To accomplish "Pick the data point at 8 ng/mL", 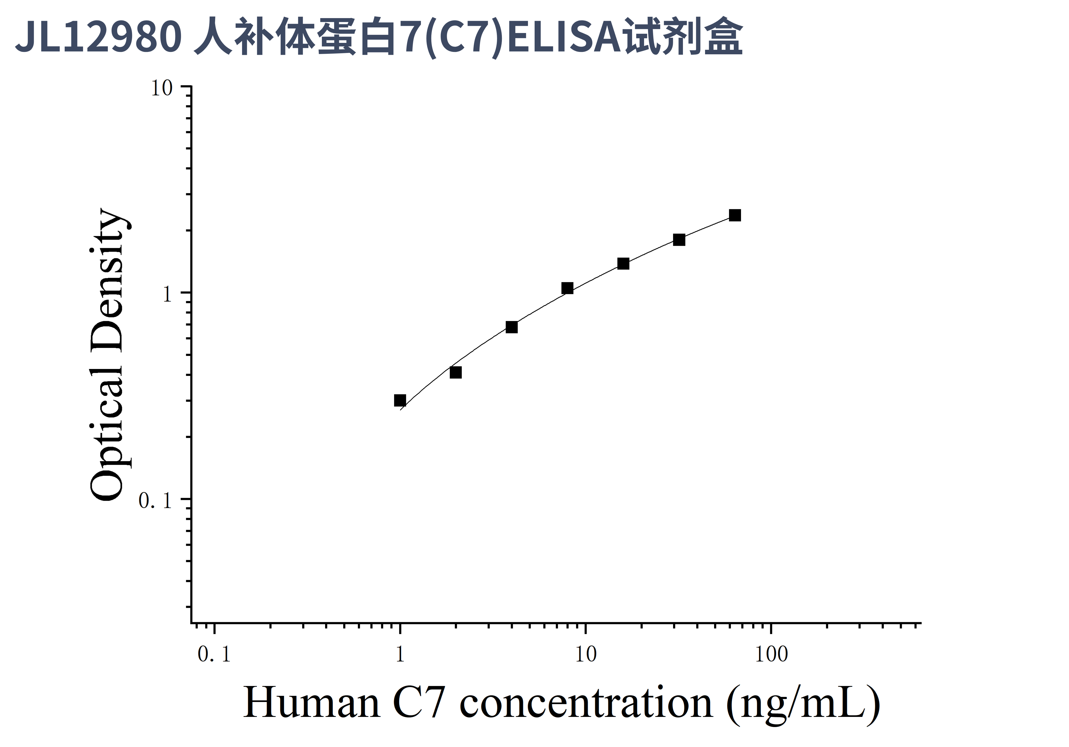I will point(567,289).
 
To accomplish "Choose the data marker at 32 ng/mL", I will point(679,240).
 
